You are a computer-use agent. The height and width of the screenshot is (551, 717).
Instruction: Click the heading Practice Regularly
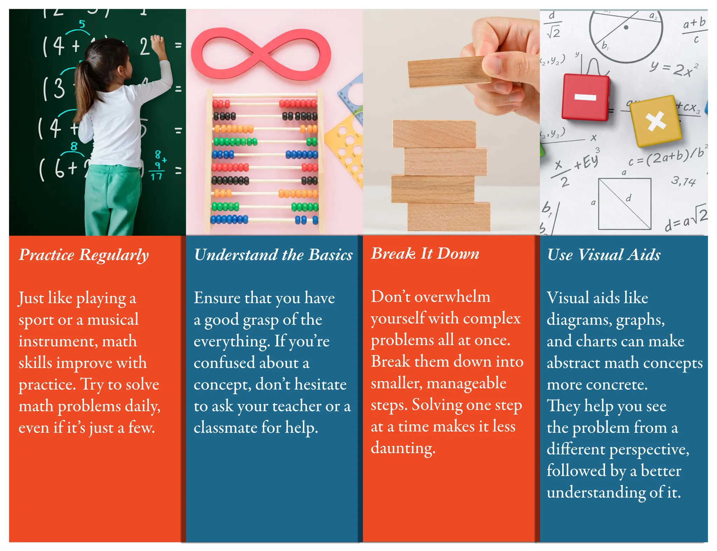[84, 255]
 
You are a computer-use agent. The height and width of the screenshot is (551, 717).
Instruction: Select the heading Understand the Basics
[273, 255]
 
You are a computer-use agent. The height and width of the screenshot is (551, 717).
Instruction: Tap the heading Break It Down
[425, 253]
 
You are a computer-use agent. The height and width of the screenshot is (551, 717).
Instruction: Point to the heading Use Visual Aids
[604, 255]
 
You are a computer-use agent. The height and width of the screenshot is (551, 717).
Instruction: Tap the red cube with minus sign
[585, 97]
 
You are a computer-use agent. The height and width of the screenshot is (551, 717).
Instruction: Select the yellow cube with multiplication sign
[655, 121]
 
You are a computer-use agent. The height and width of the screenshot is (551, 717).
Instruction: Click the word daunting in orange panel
[403, 448]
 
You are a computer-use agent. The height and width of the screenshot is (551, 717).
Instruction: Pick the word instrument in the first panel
[58, 341]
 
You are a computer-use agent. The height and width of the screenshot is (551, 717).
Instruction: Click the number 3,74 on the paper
[683, 181]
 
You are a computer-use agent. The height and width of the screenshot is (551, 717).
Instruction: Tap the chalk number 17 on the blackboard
[156, 176]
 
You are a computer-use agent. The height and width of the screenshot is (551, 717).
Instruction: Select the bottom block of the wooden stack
[449, 217]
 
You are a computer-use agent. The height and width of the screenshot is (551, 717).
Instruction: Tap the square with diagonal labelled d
[625, 204]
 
